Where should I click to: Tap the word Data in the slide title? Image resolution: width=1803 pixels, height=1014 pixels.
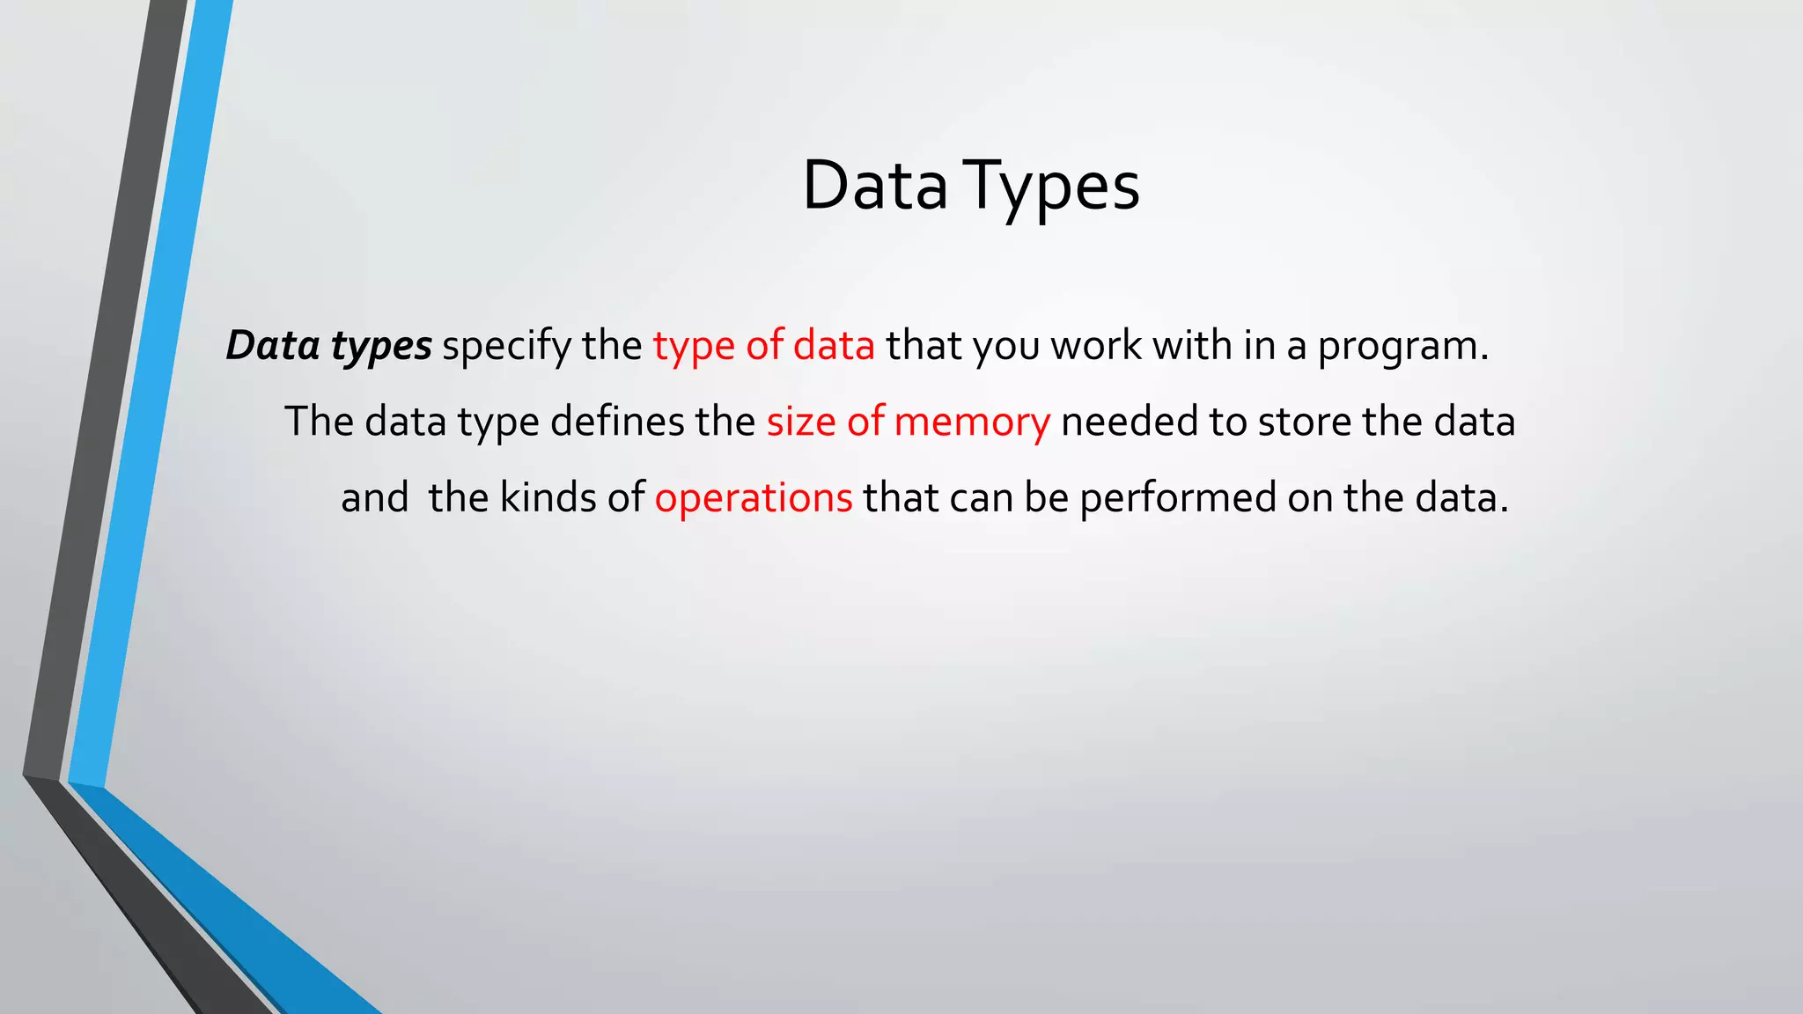click(875, 187)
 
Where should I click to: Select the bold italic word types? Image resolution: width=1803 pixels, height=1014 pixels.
click(381, 346)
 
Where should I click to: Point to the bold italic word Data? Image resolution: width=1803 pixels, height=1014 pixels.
click(273, 345)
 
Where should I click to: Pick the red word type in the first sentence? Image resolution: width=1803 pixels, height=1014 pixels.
click(694, 346)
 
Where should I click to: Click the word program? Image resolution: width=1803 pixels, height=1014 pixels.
click(1402, 346)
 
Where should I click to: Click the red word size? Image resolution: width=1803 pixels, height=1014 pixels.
click(801, 422)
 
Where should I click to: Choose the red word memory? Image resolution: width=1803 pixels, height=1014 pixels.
click(972, 422)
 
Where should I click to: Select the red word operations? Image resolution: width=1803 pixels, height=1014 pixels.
click(754, 498)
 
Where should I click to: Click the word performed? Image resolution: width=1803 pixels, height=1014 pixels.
click(1178, 498)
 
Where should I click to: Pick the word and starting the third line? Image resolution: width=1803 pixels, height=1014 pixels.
click(375, 497)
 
